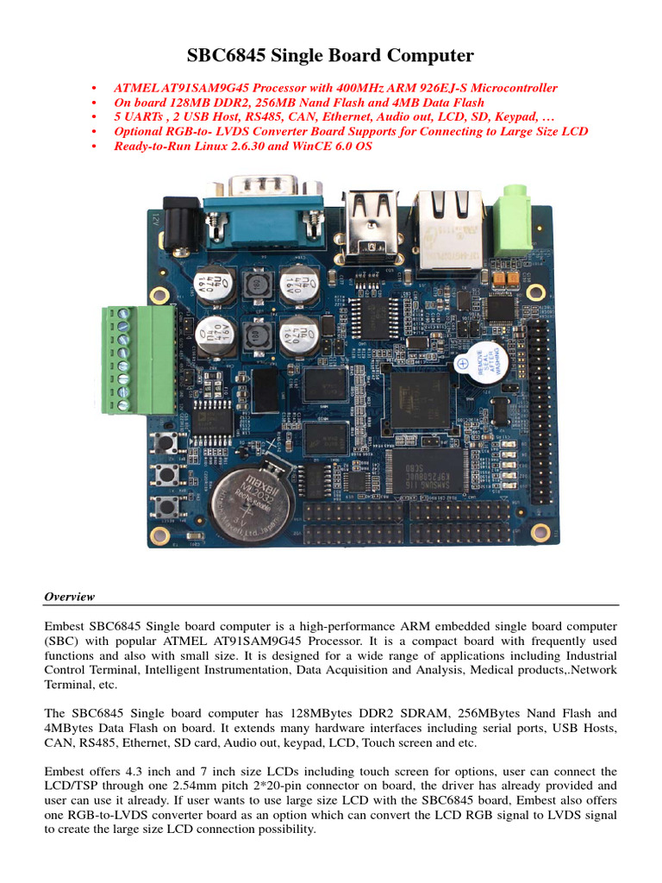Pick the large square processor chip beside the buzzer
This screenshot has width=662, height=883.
(x=420, y=398)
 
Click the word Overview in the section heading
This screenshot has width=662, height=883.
(x=69, y=597)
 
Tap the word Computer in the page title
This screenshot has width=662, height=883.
(x=433, y=56)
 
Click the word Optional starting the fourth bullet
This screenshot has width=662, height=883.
(x=140, y=132)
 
